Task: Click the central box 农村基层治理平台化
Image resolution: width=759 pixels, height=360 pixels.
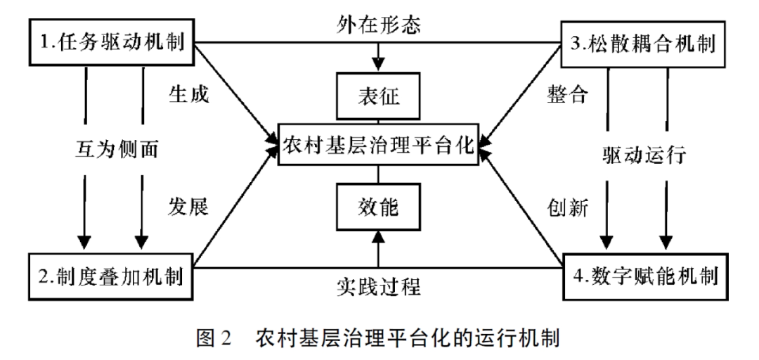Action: tap(379, 147)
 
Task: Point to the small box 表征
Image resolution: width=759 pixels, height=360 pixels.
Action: tap(379, 96)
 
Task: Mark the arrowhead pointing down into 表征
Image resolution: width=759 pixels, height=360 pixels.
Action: tap(379, 63)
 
